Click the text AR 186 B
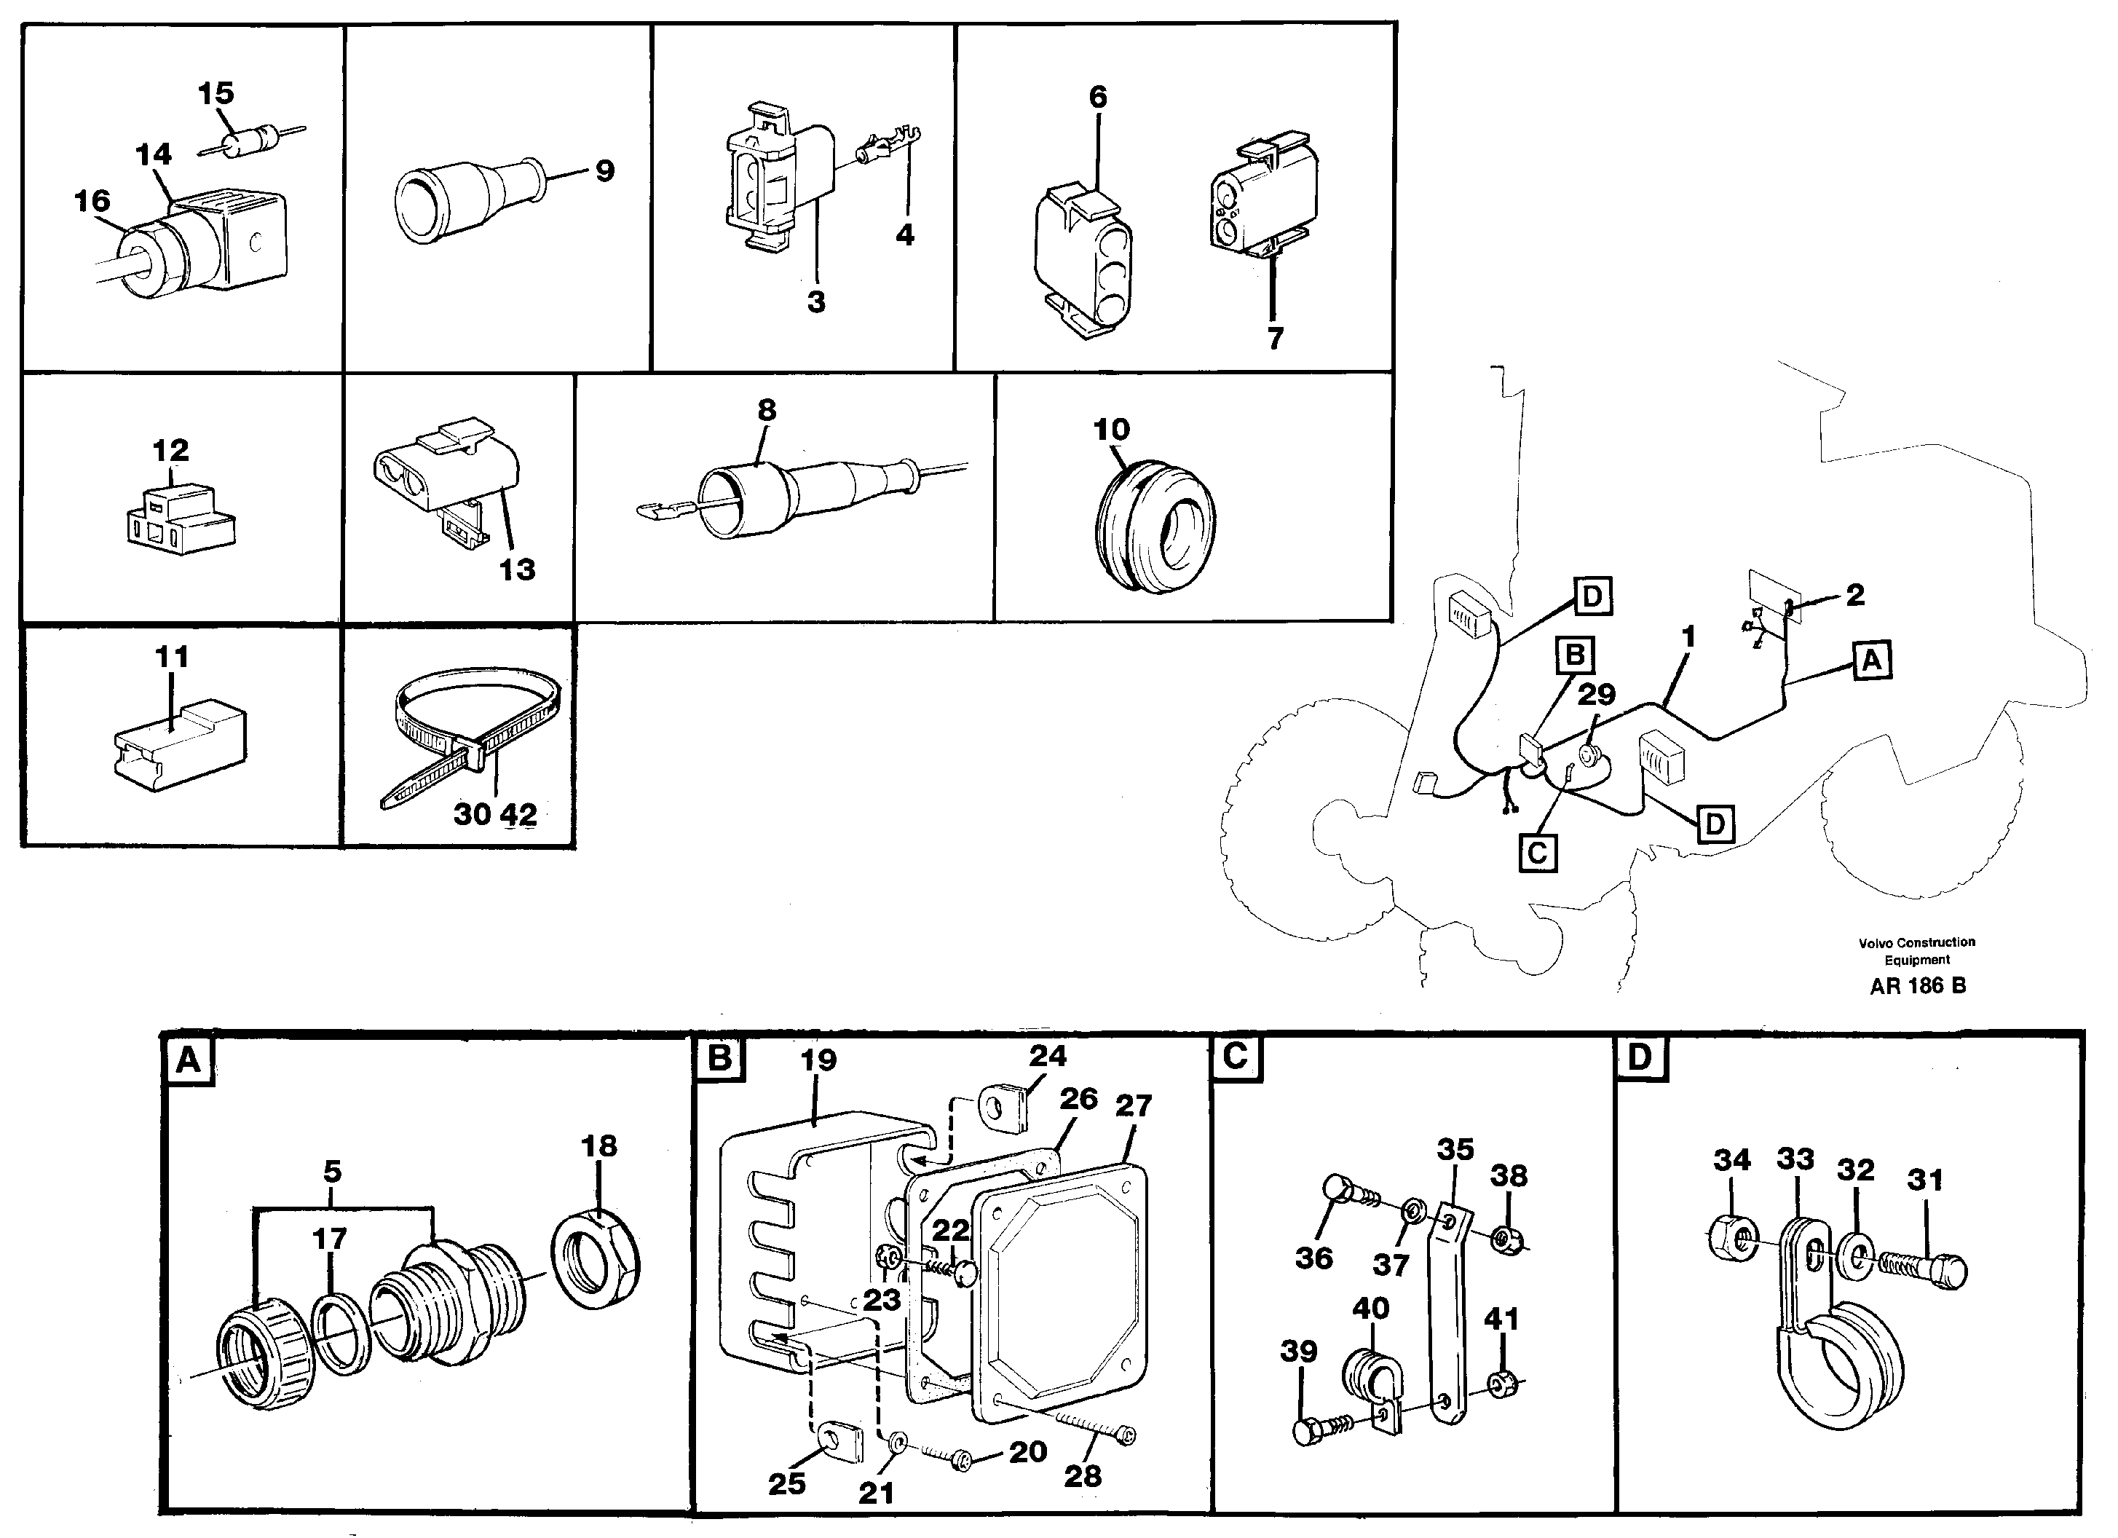click(x=1919, y=986)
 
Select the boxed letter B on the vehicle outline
click(x=1575, y=655)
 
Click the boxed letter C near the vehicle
click(x=1537, y=853)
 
